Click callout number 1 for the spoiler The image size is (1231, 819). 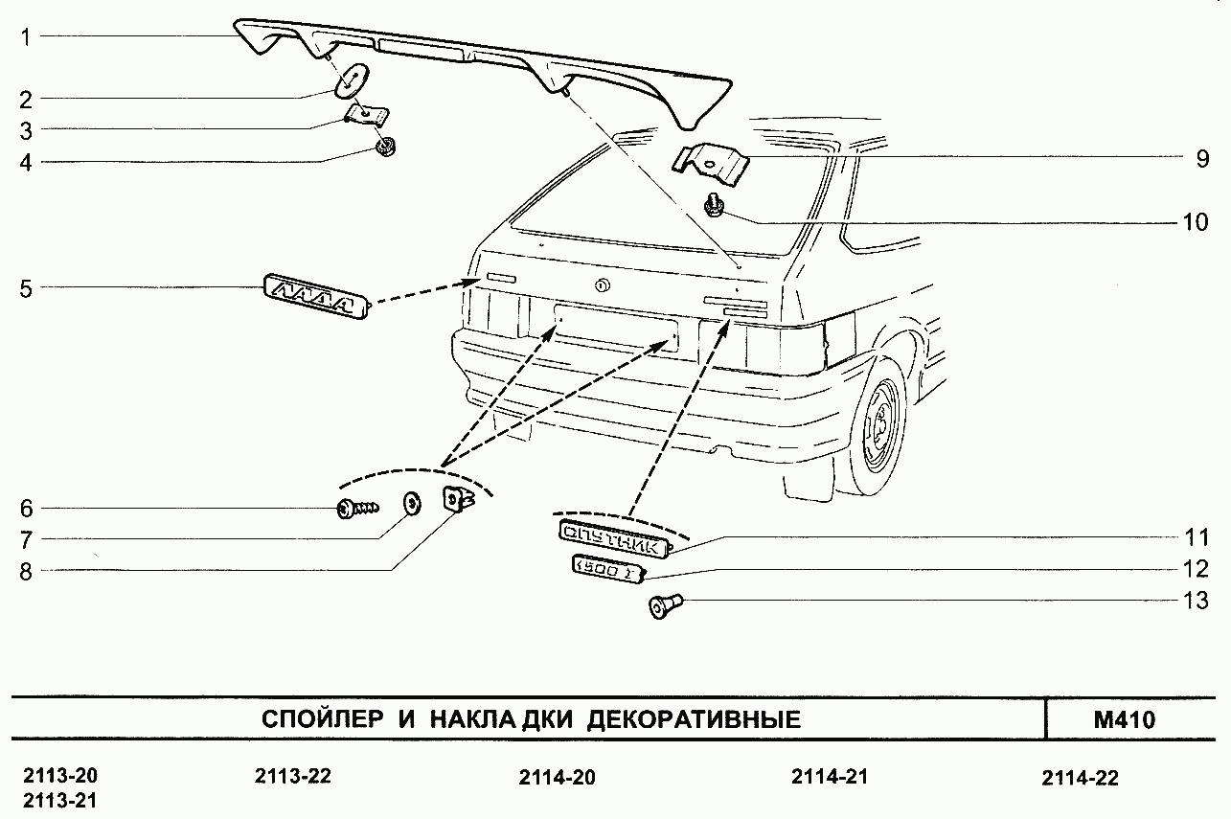pyautogui.click(x=27, y=37)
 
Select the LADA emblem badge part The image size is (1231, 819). pyautogui.click(x=317, y=298)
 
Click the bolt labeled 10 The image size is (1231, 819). pyautogui.click(x=713, y=205)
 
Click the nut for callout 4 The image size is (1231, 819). pyautogui.click(x=386, y=148)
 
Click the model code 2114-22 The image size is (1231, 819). pyautogui.click(x=1080, y=778)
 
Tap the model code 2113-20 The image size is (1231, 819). pyautogui.click(x=59, y=776)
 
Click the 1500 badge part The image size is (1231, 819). pyautogui.click(x=606, y=568)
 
